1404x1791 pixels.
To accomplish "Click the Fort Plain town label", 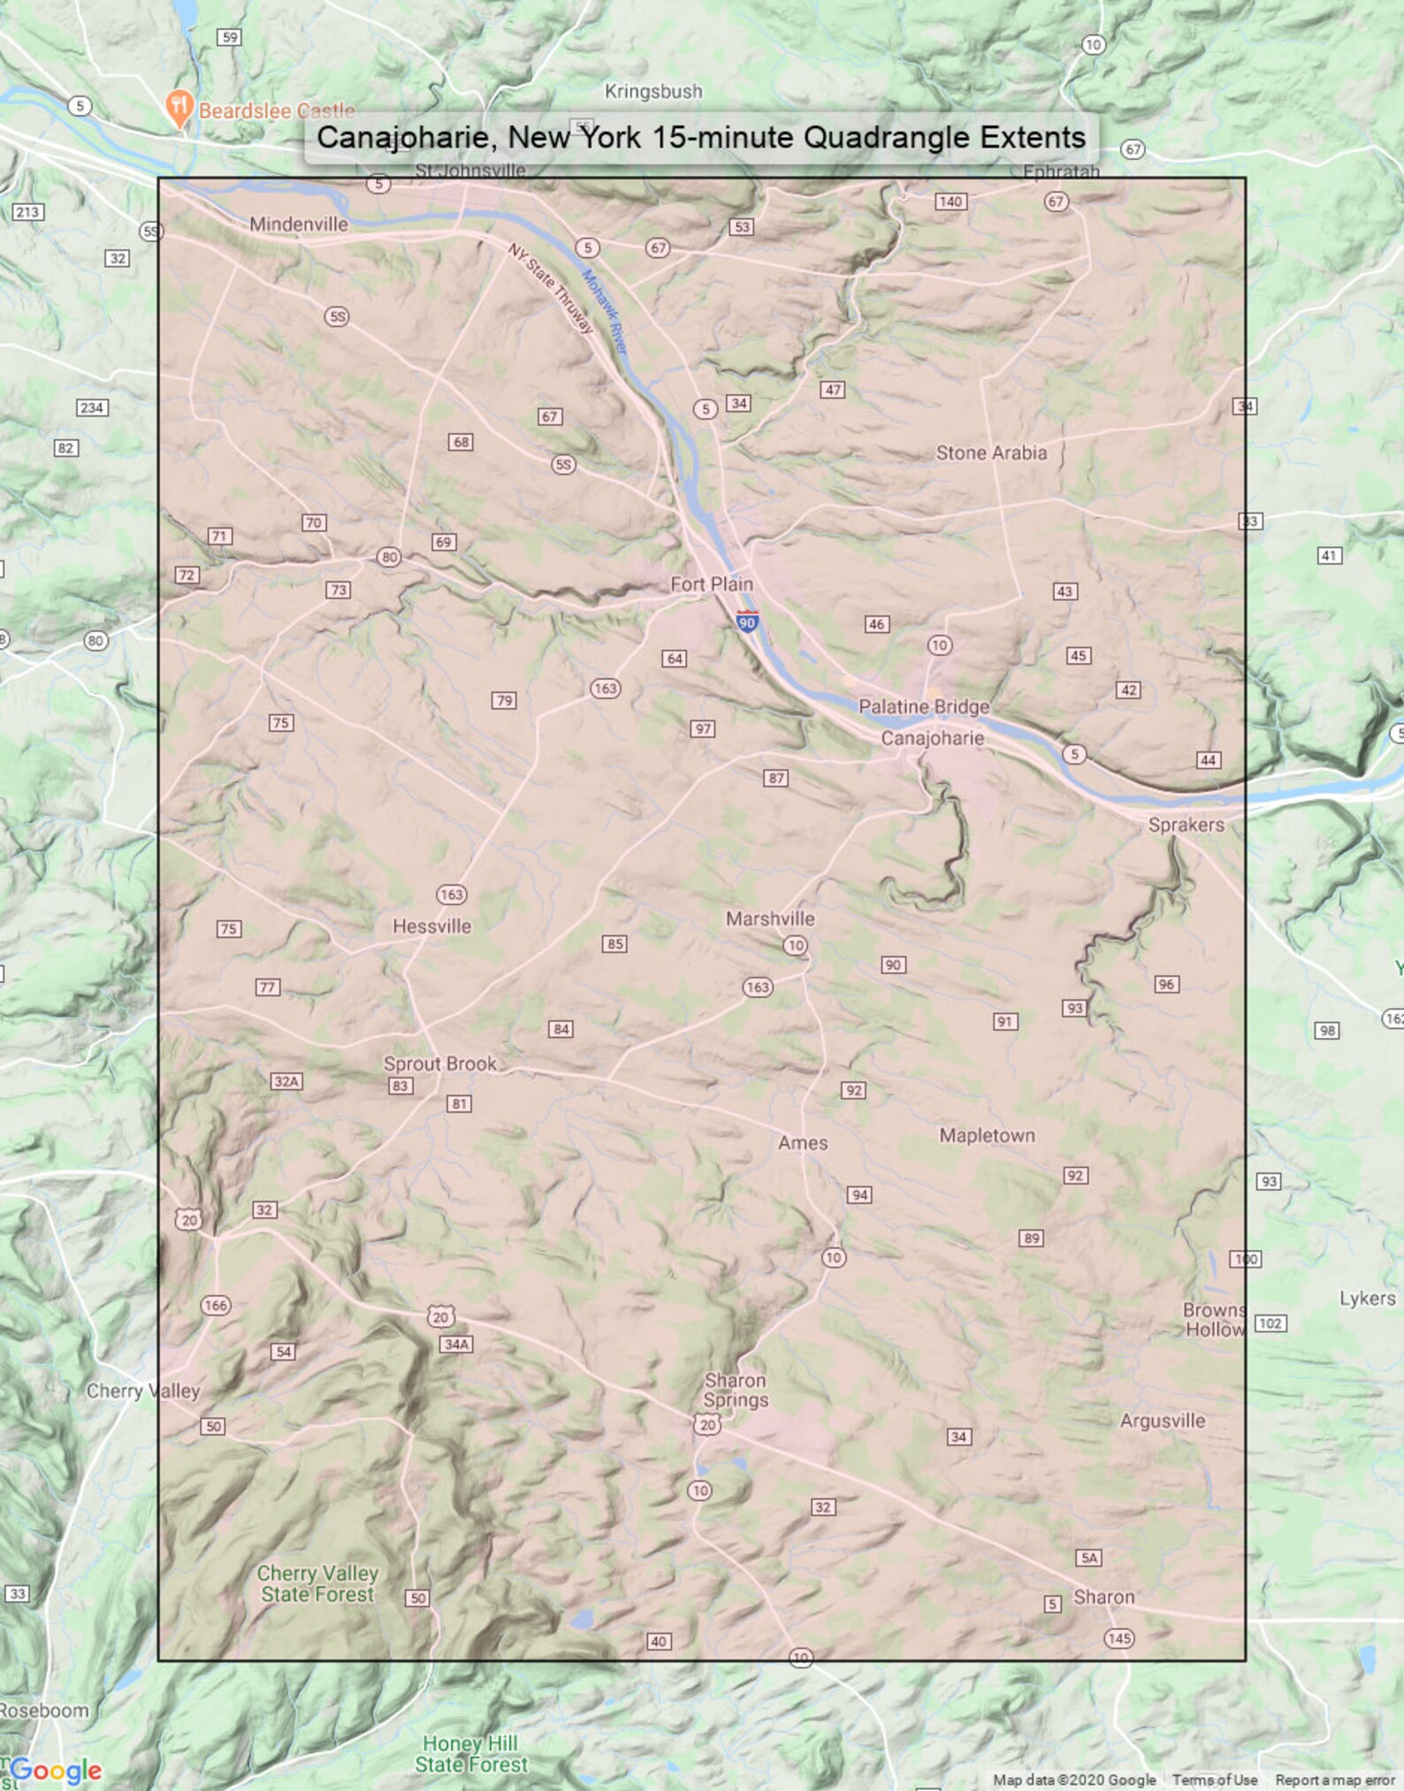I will coord(711,584).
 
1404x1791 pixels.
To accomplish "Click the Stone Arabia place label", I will coord(991,453).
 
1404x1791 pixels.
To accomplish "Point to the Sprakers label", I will coord(1186,825).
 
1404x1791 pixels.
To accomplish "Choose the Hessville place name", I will coord(431,926).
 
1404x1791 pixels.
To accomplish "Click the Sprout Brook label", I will coord(439,1063).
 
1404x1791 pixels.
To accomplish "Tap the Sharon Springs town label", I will coord(736,1390).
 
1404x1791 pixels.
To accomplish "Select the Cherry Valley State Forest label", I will coord(317,1584).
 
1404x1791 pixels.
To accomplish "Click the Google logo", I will coord(55,1771).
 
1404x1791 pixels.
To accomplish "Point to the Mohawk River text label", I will coord(604,312).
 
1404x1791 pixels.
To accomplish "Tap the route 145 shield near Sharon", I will coord(1118,1638).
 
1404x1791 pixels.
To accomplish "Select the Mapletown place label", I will coord(987,1135).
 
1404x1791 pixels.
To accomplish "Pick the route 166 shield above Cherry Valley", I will coord(216,1305).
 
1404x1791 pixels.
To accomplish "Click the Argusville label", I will coord(1162,1421).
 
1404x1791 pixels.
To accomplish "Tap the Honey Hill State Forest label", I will coord(470,1754).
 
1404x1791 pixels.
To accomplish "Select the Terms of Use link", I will coord(1214,1780).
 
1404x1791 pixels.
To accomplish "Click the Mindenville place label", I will coord(298,225).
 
